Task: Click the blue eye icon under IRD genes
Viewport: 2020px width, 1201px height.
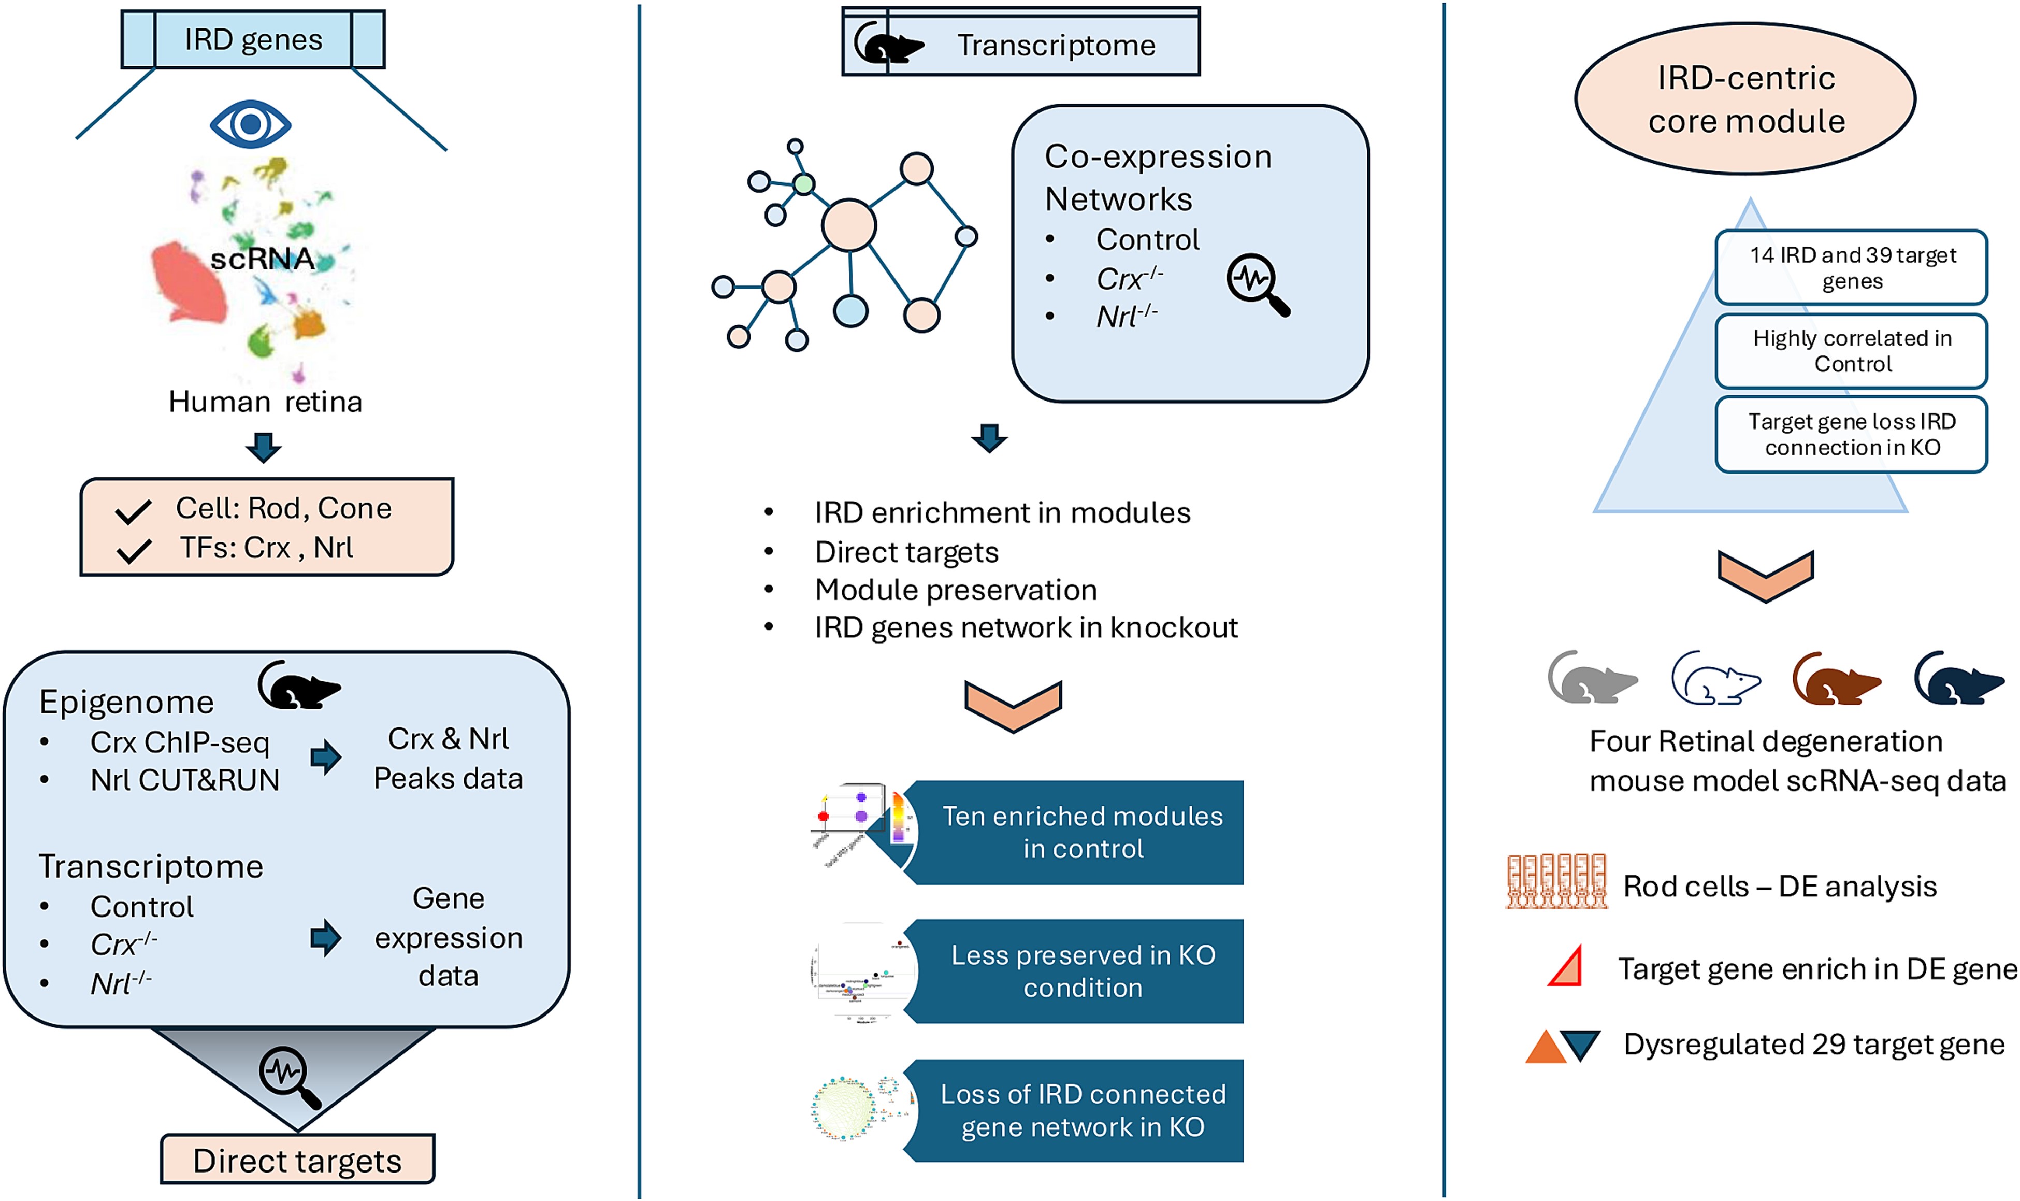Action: (250, 124)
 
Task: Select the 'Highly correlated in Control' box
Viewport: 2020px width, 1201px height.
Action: (1851, 350)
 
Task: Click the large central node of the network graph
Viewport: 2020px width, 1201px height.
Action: (848, 225)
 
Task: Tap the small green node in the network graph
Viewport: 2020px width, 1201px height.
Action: (803, 184)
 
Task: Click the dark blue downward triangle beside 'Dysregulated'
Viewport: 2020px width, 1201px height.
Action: (1580, 1044)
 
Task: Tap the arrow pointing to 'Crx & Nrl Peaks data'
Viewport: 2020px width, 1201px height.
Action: (326, 757)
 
